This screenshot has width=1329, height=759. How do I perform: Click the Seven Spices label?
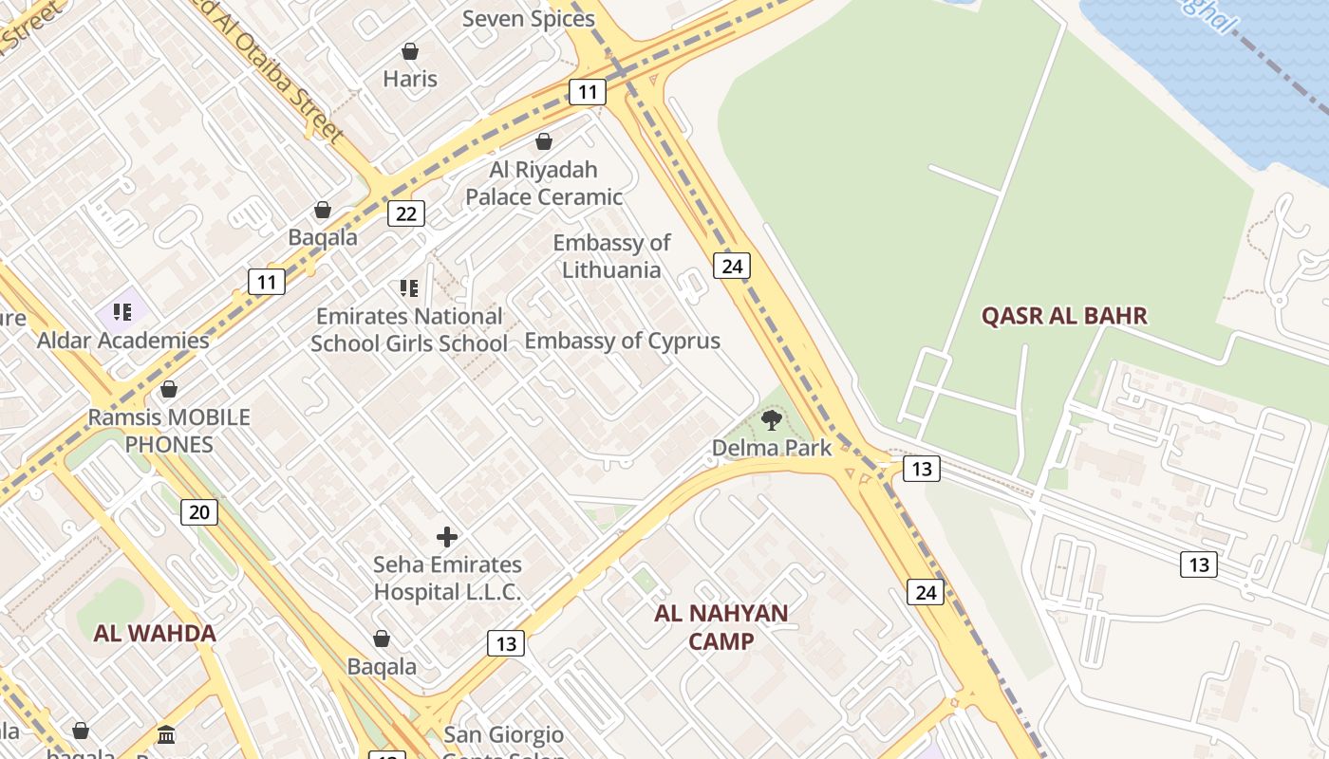(529, 19)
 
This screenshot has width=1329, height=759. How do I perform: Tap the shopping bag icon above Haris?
(410, 51)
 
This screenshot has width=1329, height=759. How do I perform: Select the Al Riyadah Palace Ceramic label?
(544, 183)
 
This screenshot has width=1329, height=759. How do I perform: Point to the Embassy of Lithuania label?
(611, 256)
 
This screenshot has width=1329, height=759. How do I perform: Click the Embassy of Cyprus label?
(622, 341)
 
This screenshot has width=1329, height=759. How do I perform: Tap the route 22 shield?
(405, 213)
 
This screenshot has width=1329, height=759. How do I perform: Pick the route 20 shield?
(199, 512)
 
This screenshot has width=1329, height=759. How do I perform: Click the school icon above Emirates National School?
(409, 287)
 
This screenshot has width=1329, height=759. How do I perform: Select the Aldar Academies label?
(122, 340)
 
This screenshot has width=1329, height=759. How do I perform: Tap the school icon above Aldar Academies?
(122, 311)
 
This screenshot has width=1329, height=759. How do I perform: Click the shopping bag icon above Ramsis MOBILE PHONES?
(169, 389)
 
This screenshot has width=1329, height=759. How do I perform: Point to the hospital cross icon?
(447, 537)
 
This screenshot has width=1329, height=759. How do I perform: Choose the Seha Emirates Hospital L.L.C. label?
(447, 579)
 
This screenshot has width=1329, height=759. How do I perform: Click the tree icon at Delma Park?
(772, 419)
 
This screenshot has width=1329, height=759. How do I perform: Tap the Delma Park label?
(771, 448)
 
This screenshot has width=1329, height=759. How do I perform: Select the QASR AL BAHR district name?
(1064, 316)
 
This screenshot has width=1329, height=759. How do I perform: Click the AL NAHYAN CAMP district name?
(721, 627)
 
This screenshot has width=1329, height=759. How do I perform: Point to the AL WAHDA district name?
(155, 634)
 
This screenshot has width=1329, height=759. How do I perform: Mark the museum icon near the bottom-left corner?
(167, 734)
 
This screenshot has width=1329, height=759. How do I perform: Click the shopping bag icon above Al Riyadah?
(544, 142)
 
